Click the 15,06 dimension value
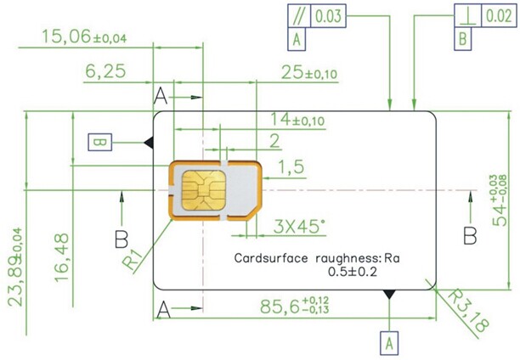pos(84,37)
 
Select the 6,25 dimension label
pos(105,71)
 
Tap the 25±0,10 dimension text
pos(309,73)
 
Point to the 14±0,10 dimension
pos(297,120)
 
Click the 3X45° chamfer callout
pos(299,227)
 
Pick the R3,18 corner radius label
pos(468,311)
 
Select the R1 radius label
pos(133,259)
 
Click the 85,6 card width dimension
pos(295,306)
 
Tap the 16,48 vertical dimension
pos(62,258)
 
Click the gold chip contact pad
pos(204,190)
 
